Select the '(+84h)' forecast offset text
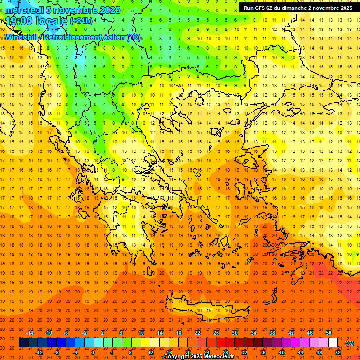click(82, 21)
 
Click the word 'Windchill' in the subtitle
click(23, 37)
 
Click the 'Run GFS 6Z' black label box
click(298, 8)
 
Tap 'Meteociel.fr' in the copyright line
click(217, 357)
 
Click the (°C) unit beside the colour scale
click(349, 343)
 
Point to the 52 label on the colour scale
click(338, 352)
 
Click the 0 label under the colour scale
click(93, 352)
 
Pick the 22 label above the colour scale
click(197, 333)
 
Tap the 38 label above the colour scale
click(272, 333)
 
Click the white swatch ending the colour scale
click(333, 343)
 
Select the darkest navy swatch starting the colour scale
click(23, 343)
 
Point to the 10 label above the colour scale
click(141, 333)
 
